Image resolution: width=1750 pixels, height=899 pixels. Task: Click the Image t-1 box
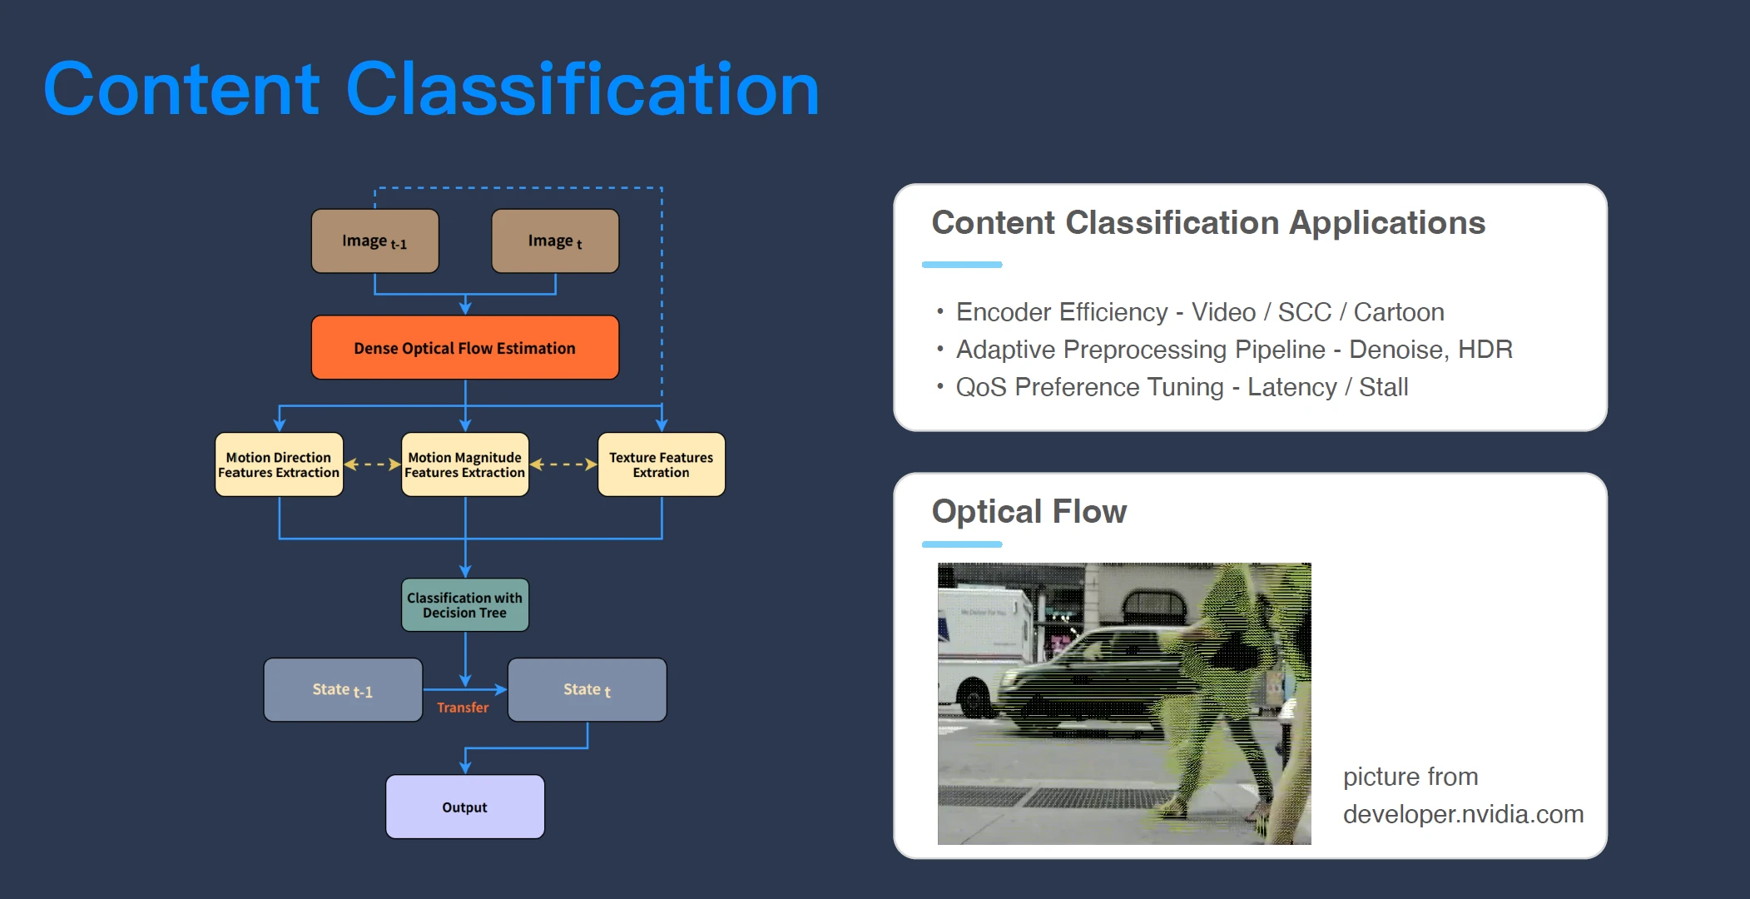[x=374, y=241]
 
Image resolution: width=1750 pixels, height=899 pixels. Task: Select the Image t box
[x=555, y=241]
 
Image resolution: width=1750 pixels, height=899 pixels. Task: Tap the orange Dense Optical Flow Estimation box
[x=465, y=347]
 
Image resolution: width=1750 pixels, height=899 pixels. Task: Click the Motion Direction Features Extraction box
[x=279, y=464]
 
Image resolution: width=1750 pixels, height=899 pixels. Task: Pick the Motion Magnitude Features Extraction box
[x=465, y=464]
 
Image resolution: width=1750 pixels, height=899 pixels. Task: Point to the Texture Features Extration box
[x=662, y=464]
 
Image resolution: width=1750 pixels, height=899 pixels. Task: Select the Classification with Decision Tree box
[x=465, y=605]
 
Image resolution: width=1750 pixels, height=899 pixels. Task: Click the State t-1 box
[x=343, y=690]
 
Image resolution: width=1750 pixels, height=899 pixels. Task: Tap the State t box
[x=587, y=690]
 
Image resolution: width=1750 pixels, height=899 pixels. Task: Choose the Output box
[x=465, y=807]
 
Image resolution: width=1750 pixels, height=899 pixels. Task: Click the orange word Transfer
[x=463, y=708]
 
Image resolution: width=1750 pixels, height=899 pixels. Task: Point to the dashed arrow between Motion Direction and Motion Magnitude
[x=372, y=464]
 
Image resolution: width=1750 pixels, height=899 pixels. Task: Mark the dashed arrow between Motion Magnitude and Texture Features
[x=563, y=464]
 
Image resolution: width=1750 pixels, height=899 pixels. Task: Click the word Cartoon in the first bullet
[x=1399, y=312]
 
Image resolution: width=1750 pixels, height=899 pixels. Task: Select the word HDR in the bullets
[x=1485, y=350]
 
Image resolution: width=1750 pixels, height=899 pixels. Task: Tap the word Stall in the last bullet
[x=1384, y=387]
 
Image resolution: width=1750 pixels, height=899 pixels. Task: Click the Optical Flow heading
[x=1029, y=511]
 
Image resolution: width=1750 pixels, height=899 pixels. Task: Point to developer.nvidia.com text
[x=1463, y=814]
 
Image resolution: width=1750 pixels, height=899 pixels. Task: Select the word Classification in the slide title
[x=583, y=89]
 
